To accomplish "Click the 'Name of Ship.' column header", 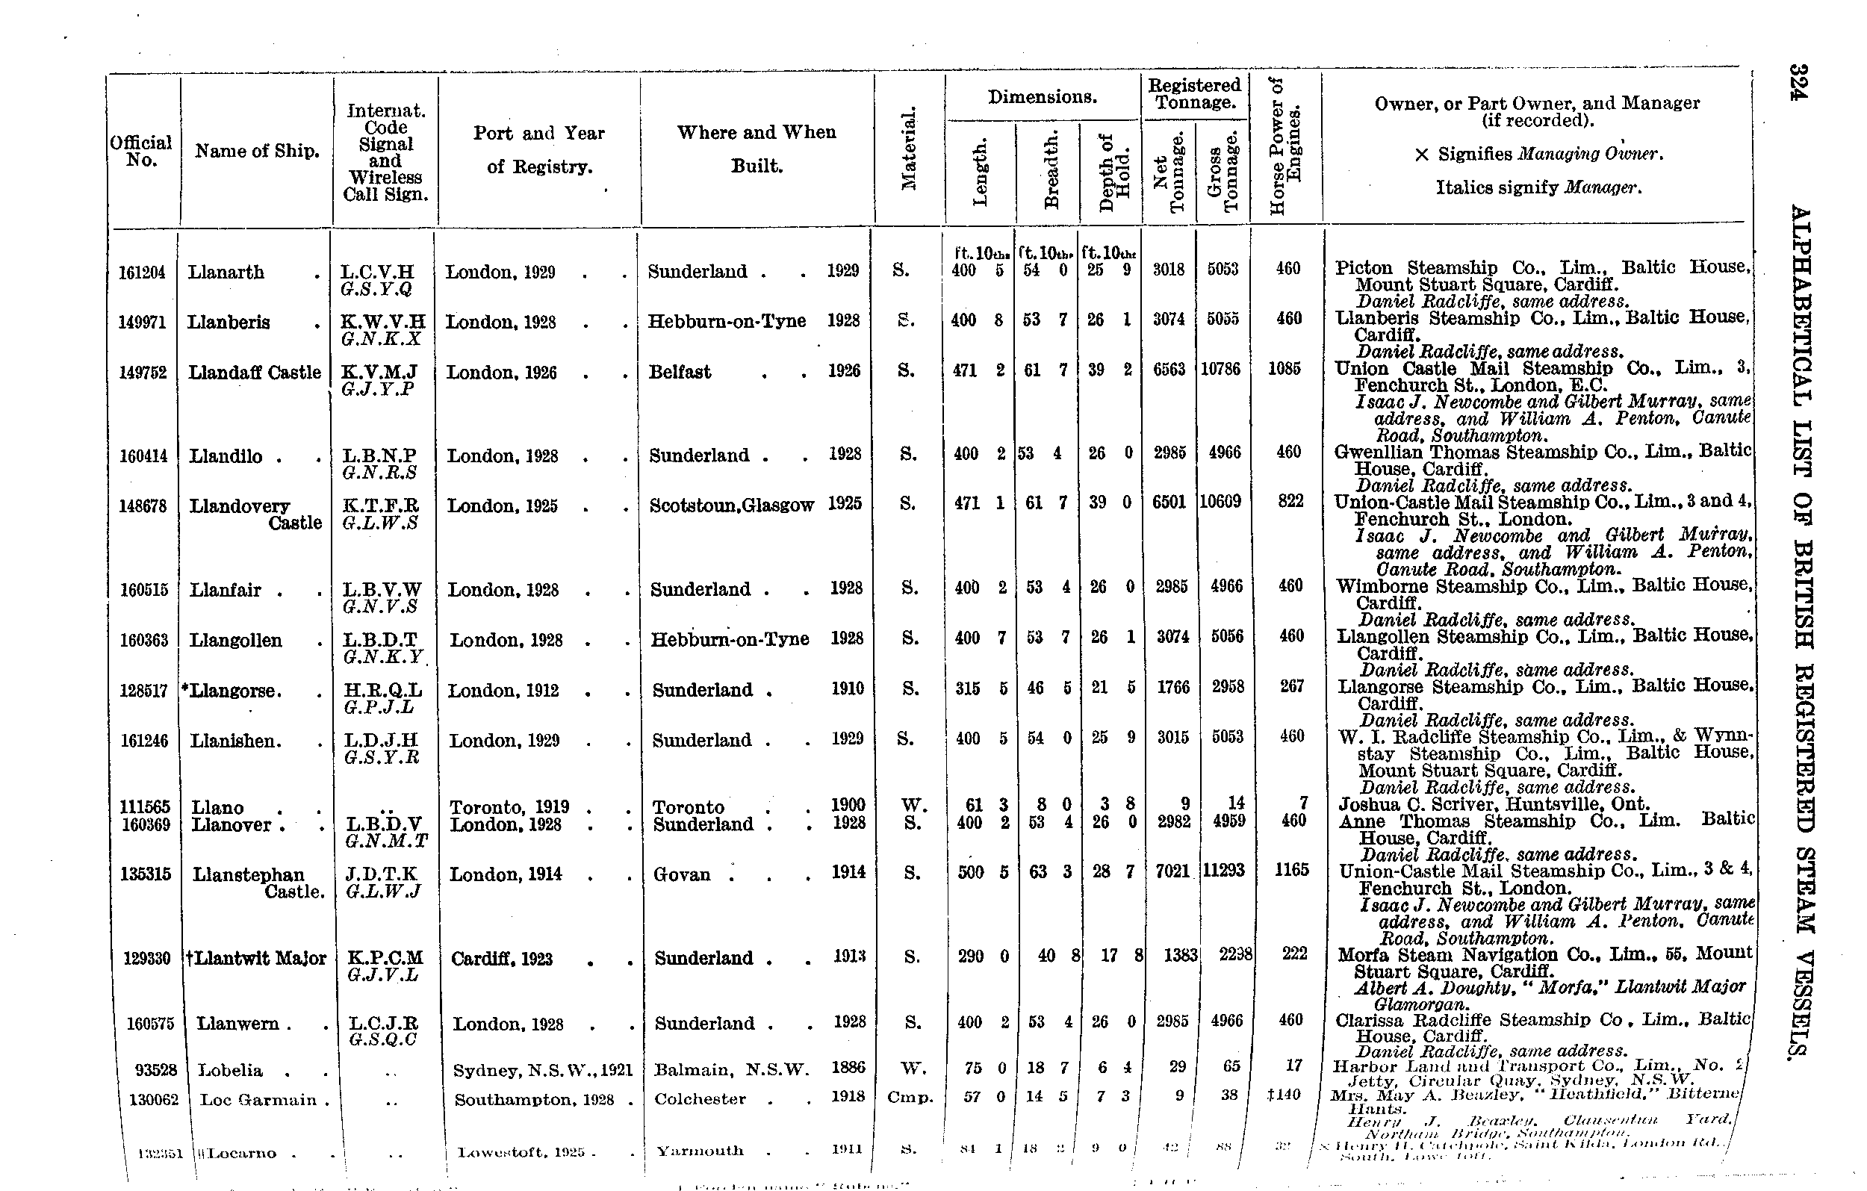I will point(257,151).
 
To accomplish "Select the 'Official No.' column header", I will point(140,151).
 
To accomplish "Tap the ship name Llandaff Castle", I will point(255,373).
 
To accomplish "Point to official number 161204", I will point(142,272).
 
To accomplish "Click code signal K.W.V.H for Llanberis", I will point(383,322).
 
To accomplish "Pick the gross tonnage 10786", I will point(1221,369).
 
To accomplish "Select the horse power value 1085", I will point(1284,369).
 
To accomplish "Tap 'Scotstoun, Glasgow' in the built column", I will point(732,506).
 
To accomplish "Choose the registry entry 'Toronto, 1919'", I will point(509,807).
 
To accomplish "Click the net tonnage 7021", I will point(1172,871).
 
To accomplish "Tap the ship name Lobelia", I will point(230,1071).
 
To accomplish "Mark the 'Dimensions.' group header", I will point(1042,98).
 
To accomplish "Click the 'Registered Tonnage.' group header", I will point(1194,94).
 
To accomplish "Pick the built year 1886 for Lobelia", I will point(848,1068).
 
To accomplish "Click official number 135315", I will point(146,874).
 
